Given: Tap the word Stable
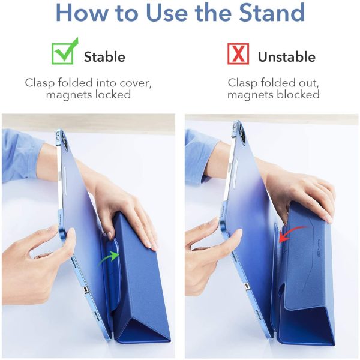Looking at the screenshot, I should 104,57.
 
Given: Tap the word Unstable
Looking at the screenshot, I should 286,57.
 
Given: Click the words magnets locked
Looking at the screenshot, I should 88,95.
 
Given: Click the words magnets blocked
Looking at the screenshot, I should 273,95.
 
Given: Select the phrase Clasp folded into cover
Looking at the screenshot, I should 88,82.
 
